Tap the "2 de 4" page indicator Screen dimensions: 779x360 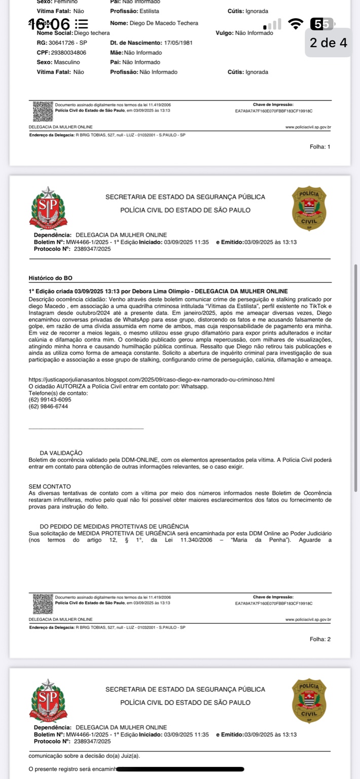pos(329,43)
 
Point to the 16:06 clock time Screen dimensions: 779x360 pos(49,23)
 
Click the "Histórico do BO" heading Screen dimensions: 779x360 pos(54,278)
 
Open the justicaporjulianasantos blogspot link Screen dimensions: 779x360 pos(152,379)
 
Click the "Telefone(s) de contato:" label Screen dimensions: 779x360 pos(58,393)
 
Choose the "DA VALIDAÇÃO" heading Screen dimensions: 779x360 pos(61,453)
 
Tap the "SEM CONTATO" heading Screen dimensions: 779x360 pos(50,487)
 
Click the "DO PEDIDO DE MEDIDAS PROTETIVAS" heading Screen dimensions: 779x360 pos(114,527)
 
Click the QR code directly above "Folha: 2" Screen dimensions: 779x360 pos(43,605)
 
